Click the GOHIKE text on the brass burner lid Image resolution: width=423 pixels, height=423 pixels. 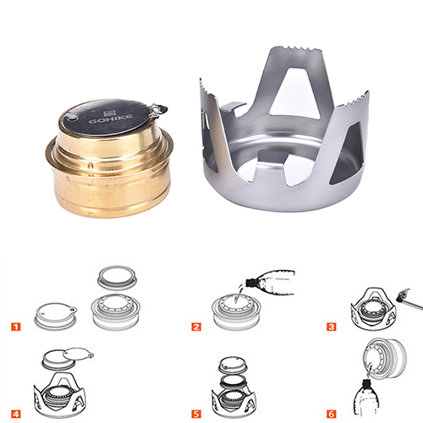point(111,118)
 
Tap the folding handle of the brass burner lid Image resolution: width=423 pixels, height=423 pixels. point(158,109)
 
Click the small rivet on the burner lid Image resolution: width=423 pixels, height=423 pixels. point(72,118)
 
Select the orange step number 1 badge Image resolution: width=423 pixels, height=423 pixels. point(16,327)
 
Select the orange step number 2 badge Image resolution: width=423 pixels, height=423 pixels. point(196,327)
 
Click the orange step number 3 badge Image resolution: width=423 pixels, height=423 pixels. point(332,327)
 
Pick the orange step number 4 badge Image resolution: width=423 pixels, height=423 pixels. point(16,414)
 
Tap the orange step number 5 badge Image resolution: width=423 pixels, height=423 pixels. point(196,414)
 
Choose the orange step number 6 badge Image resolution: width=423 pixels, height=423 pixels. point(332,414)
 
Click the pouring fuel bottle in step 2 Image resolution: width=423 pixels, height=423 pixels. point(270,282)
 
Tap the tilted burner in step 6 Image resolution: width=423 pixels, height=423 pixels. point(385,358)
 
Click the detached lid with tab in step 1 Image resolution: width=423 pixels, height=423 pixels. point(56,316)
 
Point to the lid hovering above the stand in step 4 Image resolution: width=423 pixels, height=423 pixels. point(67,358)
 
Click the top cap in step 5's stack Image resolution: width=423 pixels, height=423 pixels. point(233,364)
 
